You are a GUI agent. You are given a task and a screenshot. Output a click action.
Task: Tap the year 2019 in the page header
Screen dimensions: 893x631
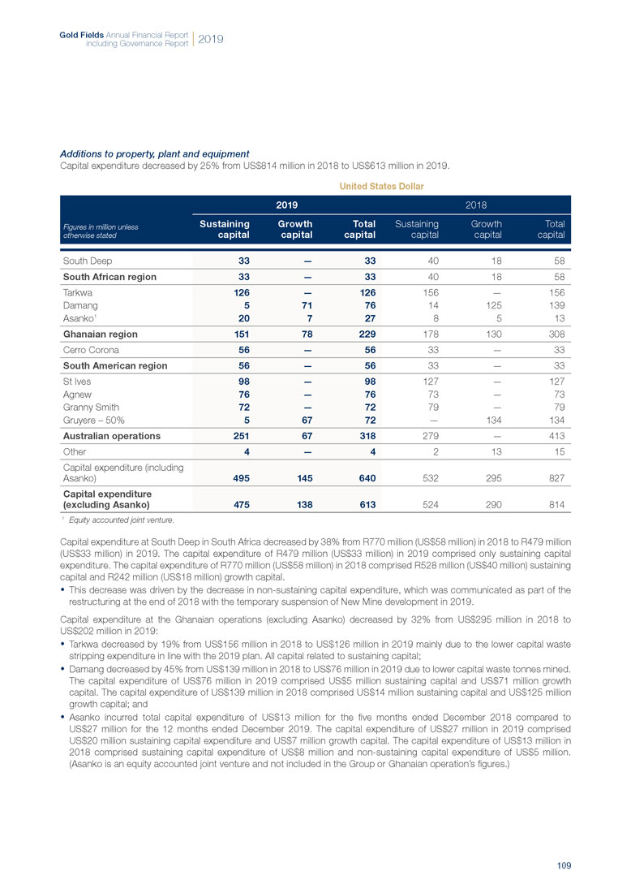[209, 39]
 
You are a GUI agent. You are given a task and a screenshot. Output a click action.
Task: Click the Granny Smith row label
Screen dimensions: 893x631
[92, 408]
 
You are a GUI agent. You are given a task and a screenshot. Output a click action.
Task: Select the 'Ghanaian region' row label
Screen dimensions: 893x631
[100, 334]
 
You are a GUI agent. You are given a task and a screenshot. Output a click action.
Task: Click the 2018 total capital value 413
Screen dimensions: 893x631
[555, 436]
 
